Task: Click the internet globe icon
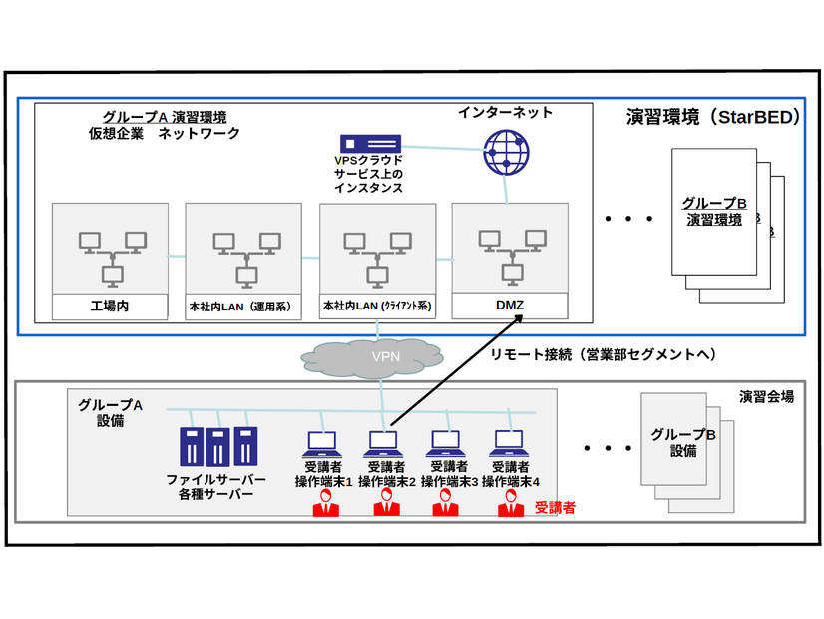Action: coord(505,151)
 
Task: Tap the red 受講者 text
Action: coord(555,507)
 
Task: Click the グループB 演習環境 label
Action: coord(713,211)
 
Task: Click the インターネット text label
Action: coord(505,112)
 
